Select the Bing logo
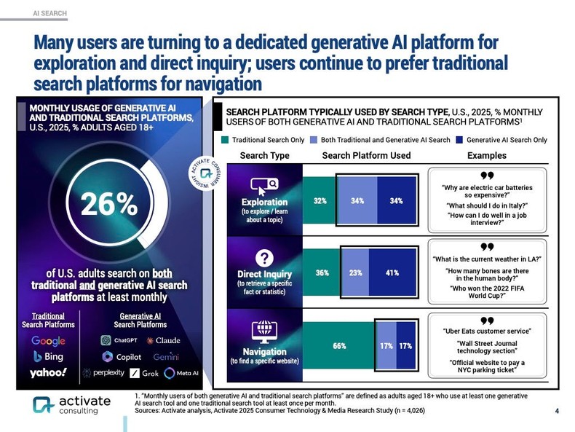pyautogui.click(x=49, y=356)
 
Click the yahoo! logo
pyautogui.click(x=48, y=373)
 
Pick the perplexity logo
pyautogui.click(x=109, y=373)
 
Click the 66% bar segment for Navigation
pyautogui.click(x=339, y=346)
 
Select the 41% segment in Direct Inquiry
pyautogui.click(x=392, y=273)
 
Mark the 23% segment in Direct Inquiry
pyautogui.click(x=355, y=273)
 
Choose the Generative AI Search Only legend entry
pyautogui.click(x=501, y=139)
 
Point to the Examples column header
pyautogui.click(x=487, y=156)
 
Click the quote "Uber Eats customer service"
pyautogui.click(x=487, y=331)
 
